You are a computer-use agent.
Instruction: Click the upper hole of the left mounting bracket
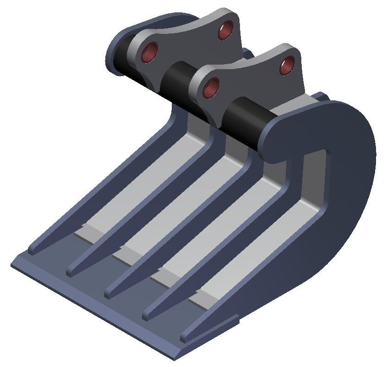click(x=225, y=30)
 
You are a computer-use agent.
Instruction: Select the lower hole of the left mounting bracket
click(x=150, y=52)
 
